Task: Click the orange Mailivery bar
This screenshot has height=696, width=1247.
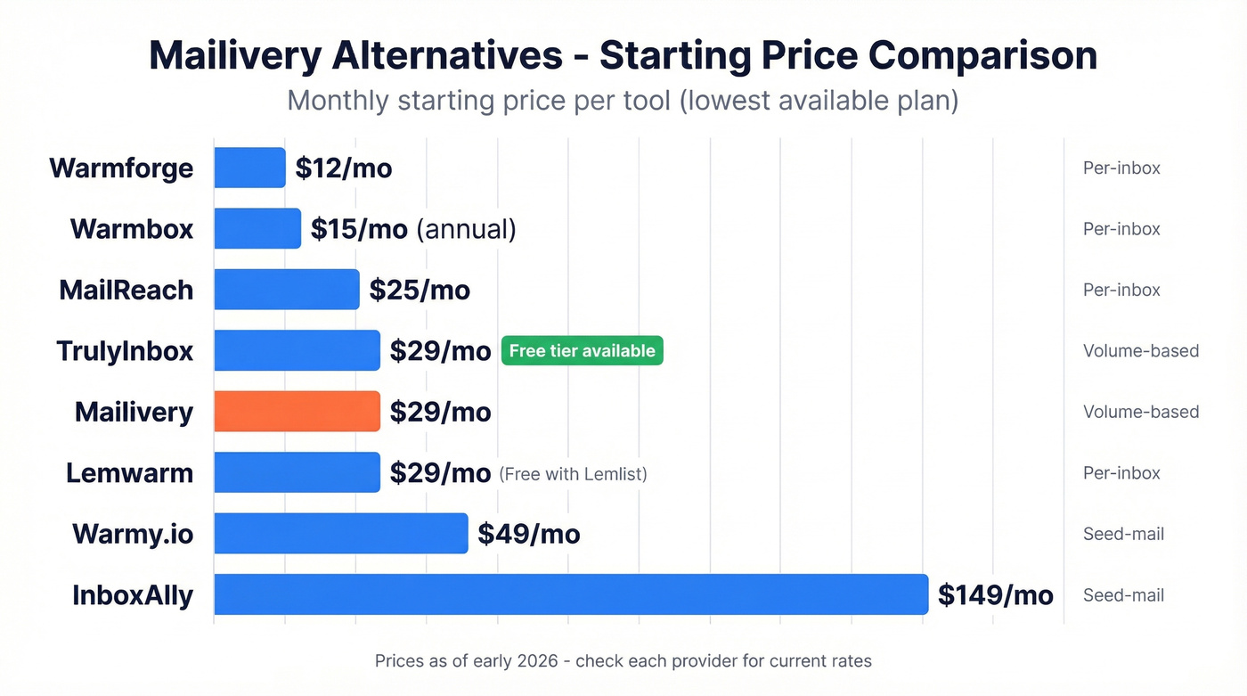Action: point(297,412)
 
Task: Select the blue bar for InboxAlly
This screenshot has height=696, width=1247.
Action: point(570,594)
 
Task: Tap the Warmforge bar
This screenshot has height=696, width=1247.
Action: point(249,168)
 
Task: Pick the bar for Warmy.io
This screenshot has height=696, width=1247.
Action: point(340,534)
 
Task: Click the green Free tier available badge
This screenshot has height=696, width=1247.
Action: point(582,351)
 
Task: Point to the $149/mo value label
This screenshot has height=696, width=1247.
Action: point(995,594)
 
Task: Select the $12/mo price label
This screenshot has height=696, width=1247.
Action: point(343,168)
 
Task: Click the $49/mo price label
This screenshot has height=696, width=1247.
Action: point(528,534)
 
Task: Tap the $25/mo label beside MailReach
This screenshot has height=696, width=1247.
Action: point(420,290)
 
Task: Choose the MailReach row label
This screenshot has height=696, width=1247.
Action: point(126,290)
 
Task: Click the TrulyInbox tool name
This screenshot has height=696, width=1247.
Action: point(124,351)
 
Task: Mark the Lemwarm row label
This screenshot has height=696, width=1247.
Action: point(129,472)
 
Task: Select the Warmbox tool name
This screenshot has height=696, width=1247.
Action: point(132,229)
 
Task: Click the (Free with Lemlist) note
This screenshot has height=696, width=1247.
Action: point(573,474)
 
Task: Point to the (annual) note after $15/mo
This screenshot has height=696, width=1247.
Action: point(466,229)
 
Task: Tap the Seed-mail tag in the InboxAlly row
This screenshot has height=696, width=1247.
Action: point(1123,595)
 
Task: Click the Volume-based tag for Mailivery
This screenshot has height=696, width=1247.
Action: point(1140,412)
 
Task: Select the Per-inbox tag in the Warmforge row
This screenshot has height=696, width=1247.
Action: point(1121,168)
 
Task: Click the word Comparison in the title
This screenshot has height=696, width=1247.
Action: point(982,55)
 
